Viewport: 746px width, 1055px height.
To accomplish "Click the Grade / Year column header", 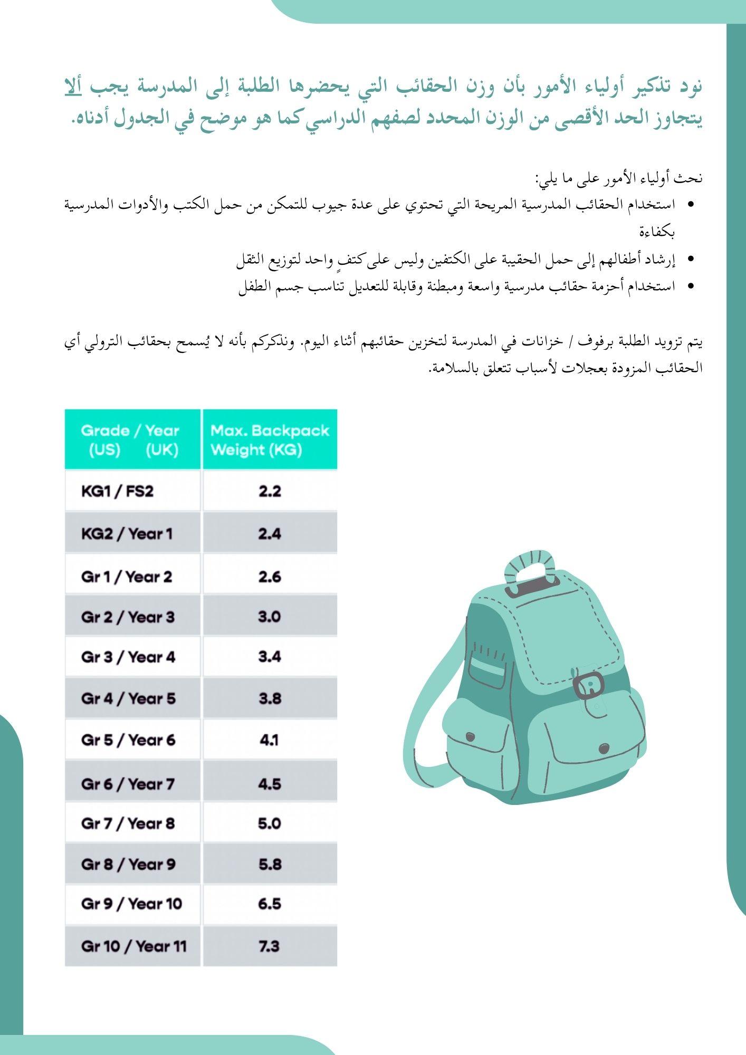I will click(132, 440).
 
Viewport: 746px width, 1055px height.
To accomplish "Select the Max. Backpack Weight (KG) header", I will click(270, 440).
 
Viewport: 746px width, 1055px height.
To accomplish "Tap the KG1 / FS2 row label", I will click(117, 491).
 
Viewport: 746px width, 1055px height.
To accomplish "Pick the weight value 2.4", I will click(270, 533).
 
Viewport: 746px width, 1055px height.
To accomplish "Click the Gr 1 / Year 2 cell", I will click(127, 576).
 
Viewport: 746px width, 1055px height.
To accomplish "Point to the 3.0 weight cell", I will click(270, 616).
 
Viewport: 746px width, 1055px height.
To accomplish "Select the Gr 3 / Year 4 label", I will click(128, 657).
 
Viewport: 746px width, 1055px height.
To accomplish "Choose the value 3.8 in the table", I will click(270, 698).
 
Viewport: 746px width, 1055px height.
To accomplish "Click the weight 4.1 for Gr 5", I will click(270, 740).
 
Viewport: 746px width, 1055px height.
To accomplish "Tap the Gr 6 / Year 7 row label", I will click(128, 783).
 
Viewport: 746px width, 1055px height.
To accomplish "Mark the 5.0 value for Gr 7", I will click(270, 823).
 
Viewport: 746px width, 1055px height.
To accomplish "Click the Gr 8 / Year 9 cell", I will click(128, 864).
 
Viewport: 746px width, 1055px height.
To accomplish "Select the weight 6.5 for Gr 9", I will click(270, 904).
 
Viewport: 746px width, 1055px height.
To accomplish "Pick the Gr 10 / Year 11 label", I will click(134, 946).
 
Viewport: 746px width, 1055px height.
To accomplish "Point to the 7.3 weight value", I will click(270, 946).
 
